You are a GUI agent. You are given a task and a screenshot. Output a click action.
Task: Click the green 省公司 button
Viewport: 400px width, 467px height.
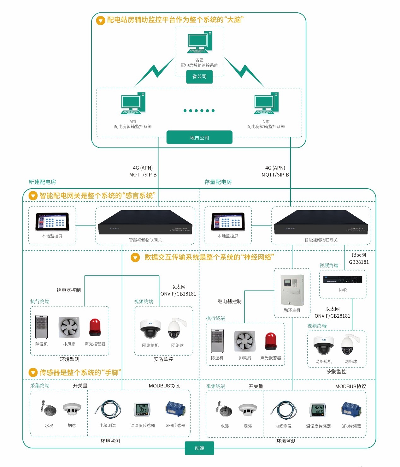(x=199, y=77)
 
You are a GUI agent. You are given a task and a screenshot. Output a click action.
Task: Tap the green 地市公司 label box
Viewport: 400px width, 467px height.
(x=199, y=138)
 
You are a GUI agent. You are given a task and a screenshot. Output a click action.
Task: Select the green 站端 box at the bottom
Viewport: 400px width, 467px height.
(x=199, y=448)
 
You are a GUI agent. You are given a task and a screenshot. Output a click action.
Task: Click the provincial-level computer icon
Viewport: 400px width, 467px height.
(x=200, y=42)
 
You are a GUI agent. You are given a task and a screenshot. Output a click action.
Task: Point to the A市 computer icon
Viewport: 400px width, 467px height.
(x=133, y=104)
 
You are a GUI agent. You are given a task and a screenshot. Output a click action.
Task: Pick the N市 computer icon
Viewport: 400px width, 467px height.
(x=266, y=104)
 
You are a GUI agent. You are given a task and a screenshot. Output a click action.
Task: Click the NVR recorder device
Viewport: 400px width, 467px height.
(x=343, y=280)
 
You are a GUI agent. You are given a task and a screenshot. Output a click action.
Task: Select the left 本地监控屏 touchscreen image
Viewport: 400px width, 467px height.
(x=52, y=222)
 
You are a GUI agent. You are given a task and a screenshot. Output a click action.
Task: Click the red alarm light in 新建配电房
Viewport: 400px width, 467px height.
(x=95, y=327)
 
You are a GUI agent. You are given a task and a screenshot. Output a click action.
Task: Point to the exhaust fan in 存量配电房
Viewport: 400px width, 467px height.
(x=245, y=341)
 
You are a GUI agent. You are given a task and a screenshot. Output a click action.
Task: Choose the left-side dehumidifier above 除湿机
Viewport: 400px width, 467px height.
(x=41, y=327)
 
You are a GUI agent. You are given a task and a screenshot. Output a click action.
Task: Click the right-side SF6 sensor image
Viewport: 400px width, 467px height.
(x=351, y=410)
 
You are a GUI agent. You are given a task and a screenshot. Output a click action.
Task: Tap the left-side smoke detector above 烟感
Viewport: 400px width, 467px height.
(x=72, y=409)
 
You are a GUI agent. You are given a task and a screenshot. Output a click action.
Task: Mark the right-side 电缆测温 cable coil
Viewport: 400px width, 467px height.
(x=283, y=410)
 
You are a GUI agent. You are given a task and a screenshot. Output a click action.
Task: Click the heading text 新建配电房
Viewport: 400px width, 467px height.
(x=42, y=182)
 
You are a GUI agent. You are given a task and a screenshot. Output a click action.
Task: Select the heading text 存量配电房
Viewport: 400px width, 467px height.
(x=218, y=182)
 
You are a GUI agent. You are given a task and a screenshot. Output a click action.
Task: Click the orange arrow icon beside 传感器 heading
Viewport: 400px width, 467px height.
(x=33, y=373)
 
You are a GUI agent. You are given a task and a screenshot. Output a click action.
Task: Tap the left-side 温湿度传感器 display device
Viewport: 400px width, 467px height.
(x=143, y=410)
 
